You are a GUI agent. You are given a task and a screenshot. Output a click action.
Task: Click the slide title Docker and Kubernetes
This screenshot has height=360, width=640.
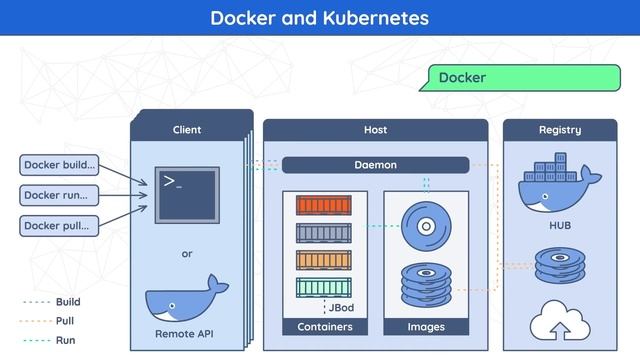click(x=319, y=18)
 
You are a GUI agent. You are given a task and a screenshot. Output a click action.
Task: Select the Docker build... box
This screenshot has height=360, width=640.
click(x=60, y=164)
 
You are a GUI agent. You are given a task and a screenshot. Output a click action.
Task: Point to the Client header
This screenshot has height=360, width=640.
click(x=187, y=130)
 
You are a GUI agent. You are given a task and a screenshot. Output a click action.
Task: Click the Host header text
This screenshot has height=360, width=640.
click(x=375, y=130)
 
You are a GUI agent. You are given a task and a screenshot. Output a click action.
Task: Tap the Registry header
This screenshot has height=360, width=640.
click(x=560, y=130)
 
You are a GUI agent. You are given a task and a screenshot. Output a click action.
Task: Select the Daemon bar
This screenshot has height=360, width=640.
click(x=375, y=164)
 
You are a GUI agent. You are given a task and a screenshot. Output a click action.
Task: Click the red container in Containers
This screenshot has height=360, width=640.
click(x=324, y=206)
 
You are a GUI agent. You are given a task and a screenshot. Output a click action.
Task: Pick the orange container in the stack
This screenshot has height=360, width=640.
click(x=324, y=261)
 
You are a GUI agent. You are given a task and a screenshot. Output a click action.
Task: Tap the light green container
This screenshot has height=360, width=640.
click(x=324, y=288)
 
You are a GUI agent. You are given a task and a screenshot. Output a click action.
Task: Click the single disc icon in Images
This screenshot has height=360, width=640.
click(x=426, y=227)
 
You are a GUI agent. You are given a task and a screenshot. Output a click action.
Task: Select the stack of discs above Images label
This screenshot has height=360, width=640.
click(x=426, y=286)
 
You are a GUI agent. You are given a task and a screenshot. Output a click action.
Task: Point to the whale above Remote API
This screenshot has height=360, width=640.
click(x=184, y=303)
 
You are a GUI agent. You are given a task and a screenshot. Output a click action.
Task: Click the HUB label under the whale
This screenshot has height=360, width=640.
click(x=560, y=226)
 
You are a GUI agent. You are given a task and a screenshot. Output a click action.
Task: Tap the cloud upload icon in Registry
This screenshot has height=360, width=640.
click(x=560, y=321)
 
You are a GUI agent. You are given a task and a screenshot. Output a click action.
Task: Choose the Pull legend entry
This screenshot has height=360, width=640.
click(x=64, y=321)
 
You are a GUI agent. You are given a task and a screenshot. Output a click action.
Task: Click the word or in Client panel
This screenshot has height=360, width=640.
click(x=187, y=254)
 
